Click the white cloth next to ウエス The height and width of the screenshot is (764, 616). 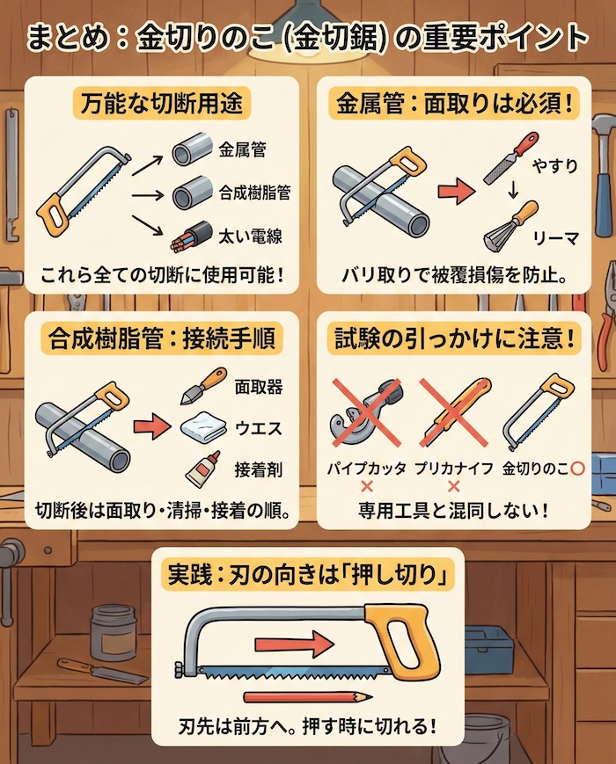(204, 429)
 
